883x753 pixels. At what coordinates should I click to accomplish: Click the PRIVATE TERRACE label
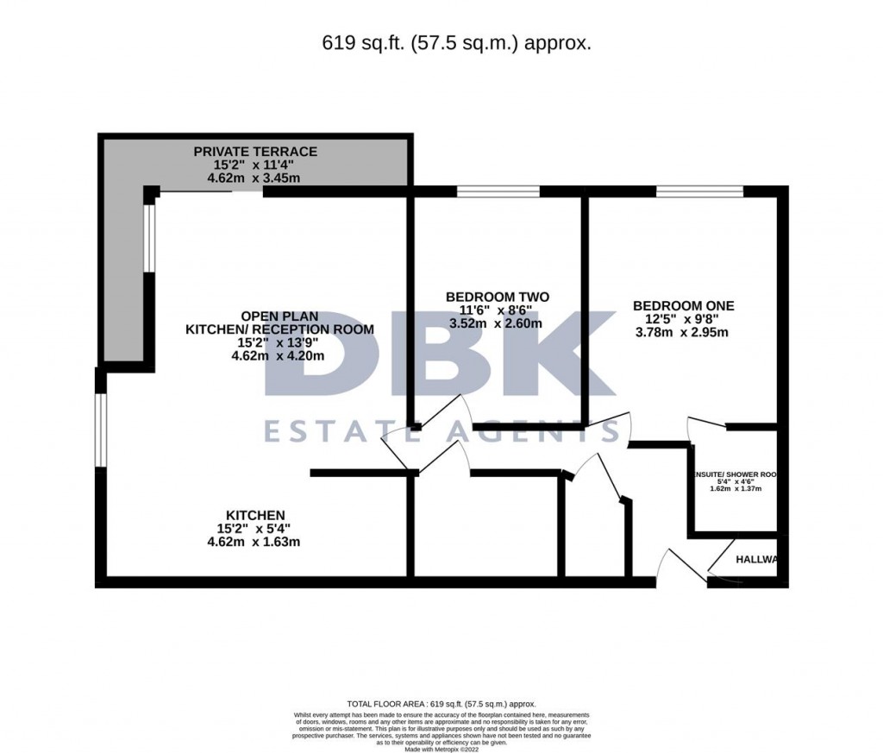pyautogui.click(x=255, y=152)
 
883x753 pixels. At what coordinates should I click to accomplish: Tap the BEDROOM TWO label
pyautogui.click(x=498, y=298)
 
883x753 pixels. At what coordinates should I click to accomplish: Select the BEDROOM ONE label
pyautogui.click(x=683, y=305)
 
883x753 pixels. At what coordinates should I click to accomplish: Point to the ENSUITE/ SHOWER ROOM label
pyautogui.click(x=739, y=474)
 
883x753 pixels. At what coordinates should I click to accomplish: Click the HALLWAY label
pyautogui.click(x=756, y=560)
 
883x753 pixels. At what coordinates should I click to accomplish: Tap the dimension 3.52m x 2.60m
pyautogui.click(x=496, y=324)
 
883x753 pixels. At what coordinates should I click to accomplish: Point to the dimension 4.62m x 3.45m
pyautogui.click(x=254, y=179)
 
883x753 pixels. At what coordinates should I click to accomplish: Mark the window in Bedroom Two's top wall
pyautogui.click(x=498, y=191)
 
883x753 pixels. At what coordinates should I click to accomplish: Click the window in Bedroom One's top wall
pyautogui.click(x=698, y=191)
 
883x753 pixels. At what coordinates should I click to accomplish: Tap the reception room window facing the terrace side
pyautogui.click(x=149, y=237)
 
